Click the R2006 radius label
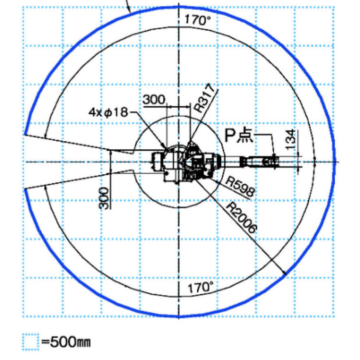tap(241, 217)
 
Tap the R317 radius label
tap(205, 98)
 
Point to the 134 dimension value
tap(291, 139)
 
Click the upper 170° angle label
tap(197, 20)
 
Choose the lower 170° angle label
tap(201, 287)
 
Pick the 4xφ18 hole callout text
tap(108, 112)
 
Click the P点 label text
tap(239, 135)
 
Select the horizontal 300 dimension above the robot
tap(154, 100)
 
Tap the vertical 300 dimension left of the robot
tap(104, 198)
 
